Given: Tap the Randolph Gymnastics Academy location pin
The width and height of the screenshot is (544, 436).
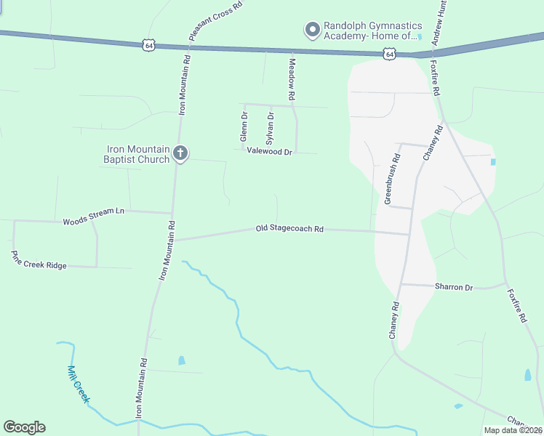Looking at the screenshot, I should click(313, 30).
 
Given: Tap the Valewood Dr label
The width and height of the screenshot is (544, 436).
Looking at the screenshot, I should click(269, 152).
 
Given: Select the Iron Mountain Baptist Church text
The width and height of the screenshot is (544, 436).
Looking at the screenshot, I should click(138, 154).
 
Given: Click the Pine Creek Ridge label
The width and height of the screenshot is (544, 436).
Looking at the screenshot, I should click(39, 261).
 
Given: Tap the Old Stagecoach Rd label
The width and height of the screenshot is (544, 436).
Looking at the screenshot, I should click(289, 228).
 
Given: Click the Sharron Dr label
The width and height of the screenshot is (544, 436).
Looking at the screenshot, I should click(454, 287).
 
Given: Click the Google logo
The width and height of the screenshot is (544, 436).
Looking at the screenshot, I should click(24, 427).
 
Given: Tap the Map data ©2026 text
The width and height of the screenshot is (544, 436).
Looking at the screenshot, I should click(513, 430).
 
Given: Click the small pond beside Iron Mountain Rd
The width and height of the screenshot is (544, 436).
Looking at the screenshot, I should click(181, 360).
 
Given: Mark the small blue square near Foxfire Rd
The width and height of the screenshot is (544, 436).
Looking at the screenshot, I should click(493, 161).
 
